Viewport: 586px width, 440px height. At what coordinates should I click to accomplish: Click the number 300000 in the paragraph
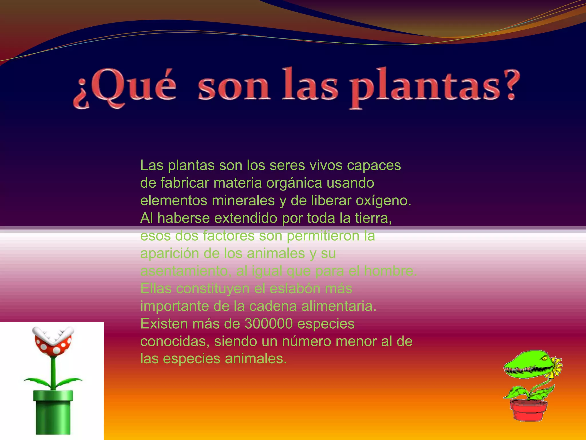[269, 324]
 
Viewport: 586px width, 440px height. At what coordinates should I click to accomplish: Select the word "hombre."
[391, 271]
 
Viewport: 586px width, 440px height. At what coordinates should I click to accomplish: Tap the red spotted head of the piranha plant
[53, 342]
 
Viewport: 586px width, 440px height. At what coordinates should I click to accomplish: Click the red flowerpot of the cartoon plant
[528, 410]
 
